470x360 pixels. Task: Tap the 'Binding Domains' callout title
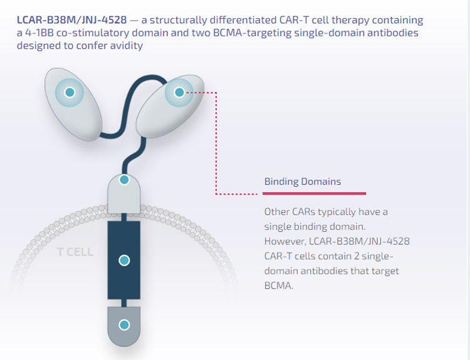click(x=303, y=182)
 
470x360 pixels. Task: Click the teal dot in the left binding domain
click(x=70, y=92)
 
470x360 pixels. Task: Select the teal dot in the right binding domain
click(x=179, y=92)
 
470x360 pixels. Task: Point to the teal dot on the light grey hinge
click(x=124, y=180)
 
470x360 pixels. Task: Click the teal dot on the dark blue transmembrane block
click(x=124, y=260)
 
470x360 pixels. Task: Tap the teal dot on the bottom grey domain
click(x=124, y=325)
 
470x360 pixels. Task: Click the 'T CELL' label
click(x=75, y=252)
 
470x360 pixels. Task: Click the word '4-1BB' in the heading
click(x=39, y=33)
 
